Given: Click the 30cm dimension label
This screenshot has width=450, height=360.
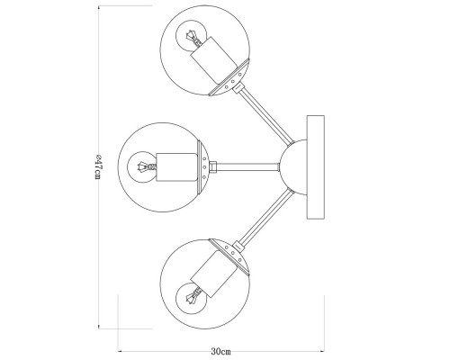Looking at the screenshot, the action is (220, 351).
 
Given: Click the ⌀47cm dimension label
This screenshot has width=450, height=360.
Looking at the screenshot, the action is (99, 167).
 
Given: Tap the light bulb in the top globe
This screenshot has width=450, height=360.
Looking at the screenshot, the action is (190, 35).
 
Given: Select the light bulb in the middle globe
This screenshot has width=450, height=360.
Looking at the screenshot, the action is (141, 166).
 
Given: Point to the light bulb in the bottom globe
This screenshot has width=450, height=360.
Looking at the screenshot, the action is (190, 299).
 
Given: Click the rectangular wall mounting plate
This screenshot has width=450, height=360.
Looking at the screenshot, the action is (315, 167).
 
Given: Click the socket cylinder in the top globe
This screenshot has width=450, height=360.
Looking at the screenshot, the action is (214, 60).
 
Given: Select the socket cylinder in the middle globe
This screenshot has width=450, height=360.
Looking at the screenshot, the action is (177, 167).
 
